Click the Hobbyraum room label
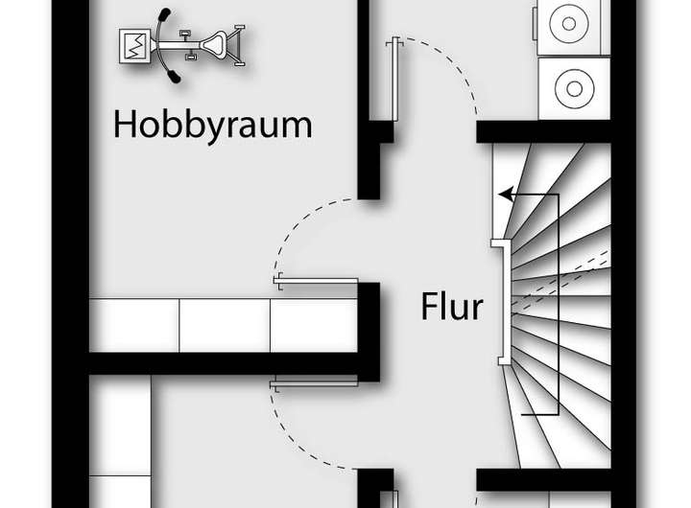coord(213,125)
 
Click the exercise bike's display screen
coord(132,45)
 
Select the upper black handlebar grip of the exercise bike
coord(164,16)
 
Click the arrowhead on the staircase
coord(505,195)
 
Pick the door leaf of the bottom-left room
coord(316,385)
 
